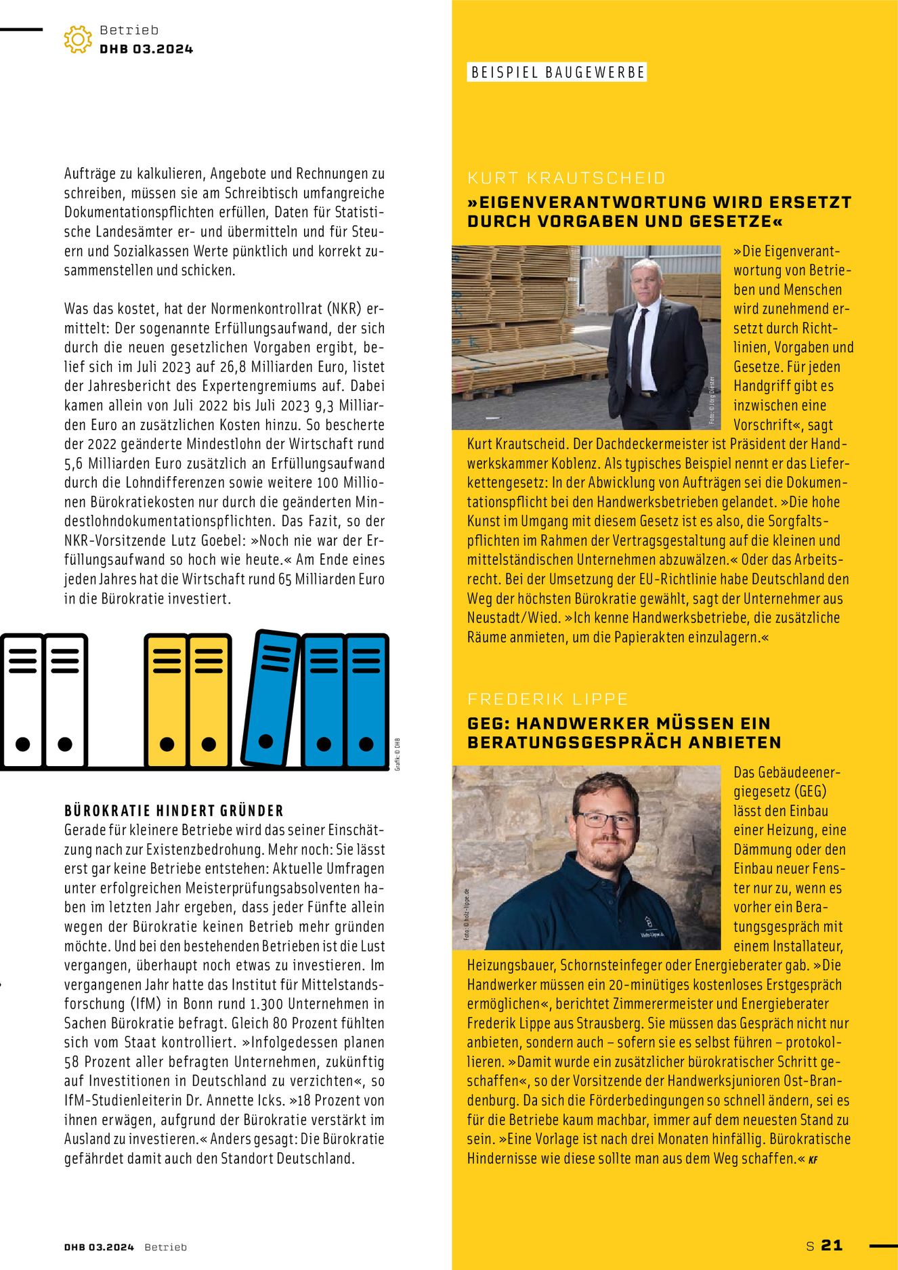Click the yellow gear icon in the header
coord(77,39)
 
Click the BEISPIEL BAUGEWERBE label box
coord(557,72)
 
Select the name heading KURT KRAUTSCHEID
coord(566,178)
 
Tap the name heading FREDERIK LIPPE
coord(547,699)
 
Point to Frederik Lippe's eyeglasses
coord(606,820)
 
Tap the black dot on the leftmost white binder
coord(23,744)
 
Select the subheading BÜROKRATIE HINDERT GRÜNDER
coord(173,811)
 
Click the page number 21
coord(832,1245)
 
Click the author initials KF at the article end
coord(813,1159)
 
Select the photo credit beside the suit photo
coord(712,400)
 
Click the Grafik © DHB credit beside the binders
coord(398,754)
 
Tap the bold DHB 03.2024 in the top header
coord(146,49)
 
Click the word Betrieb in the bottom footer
coord(165,1247)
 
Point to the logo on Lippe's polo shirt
coord(648,924)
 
